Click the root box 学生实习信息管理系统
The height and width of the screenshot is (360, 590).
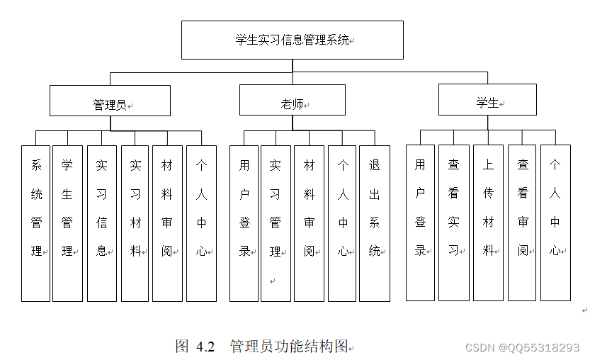[292, 40]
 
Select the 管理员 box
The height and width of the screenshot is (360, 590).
[110, 101]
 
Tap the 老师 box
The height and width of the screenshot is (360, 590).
[292, 100]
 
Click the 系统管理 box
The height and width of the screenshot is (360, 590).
[36, 223]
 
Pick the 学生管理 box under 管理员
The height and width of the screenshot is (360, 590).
[68, 223]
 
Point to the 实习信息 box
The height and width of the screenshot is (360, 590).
[102, 223]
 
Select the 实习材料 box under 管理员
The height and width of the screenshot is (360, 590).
[135, 223]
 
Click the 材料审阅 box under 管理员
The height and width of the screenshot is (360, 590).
[167, 223]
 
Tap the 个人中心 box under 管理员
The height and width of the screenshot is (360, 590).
[201, 223]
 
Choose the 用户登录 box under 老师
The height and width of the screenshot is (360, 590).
[244, 223]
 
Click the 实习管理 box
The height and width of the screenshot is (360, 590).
[276, 223]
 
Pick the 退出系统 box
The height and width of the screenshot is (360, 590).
[375, 223]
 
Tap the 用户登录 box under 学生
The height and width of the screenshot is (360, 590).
[421, 223]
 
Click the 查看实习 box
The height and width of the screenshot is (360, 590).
[454, 223]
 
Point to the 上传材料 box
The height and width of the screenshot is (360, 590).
[489, 223]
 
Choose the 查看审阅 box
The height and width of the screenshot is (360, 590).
[523, 223]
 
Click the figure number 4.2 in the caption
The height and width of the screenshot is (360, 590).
[205, 347]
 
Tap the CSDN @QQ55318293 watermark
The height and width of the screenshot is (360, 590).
[521, 348]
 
